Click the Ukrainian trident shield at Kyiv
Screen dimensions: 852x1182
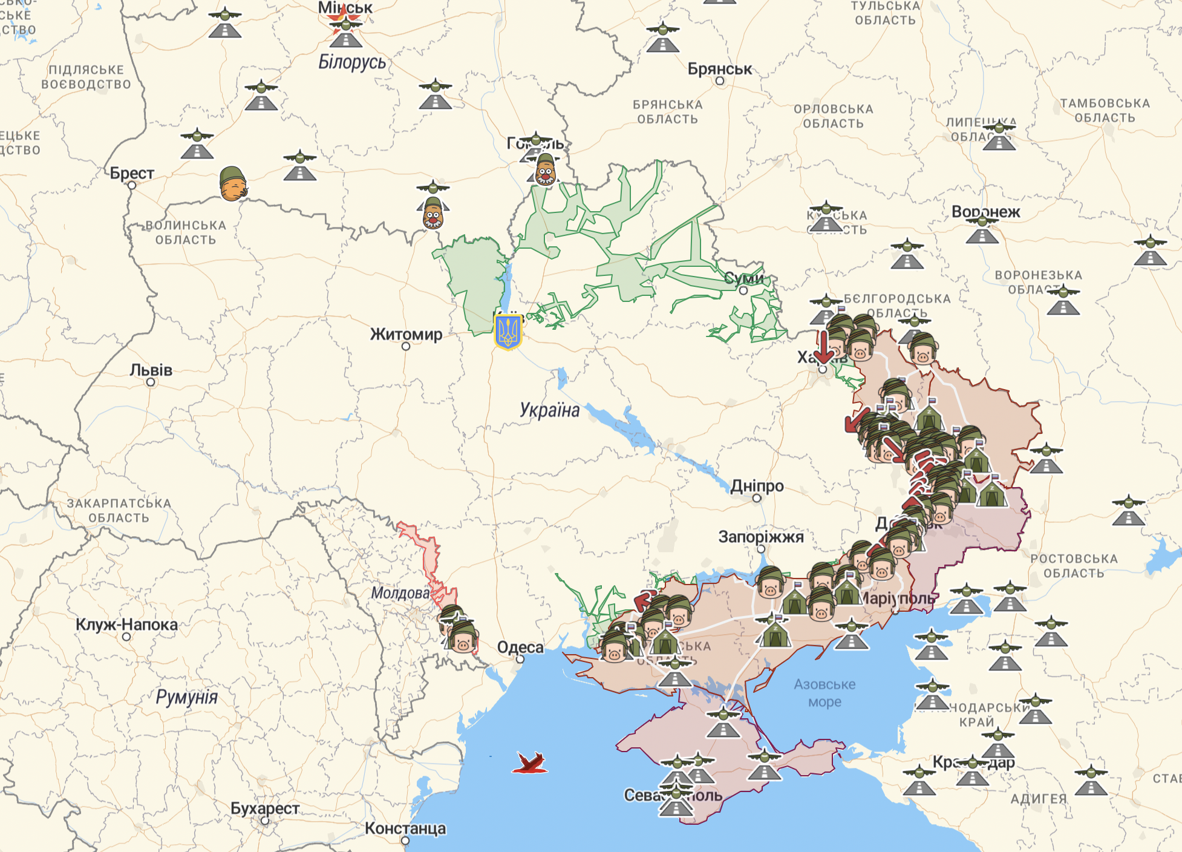pos(508,331)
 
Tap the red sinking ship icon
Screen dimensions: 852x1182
pos(531,763)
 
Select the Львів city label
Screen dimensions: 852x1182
pos(151,370)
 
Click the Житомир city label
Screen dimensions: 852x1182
pos(406,334)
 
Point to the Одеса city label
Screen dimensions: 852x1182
pos(520,647)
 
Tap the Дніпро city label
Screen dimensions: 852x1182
pos(757,486)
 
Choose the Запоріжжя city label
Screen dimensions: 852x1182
pos(760,537)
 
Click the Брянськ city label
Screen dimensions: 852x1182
pos(720,69)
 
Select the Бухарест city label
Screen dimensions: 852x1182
pos(265,808)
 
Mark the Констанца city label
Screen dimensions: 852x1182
pos(405,828)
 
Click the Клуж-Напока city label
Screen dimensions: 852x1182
pos(126,624)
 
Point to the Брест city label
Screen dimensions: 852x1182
pos(132,173)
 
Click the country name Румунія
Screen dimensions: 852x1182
pos(186,697)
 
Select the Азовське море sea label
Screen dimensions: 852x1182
pos(824,693)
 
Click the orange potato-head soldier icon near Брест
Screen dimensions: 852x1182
pos(233,183)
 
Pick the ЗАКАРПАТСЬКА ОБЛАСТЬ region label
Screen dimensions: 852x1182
pos(119,510)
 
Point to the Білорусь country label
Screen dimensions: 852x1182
pos(352,62)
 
